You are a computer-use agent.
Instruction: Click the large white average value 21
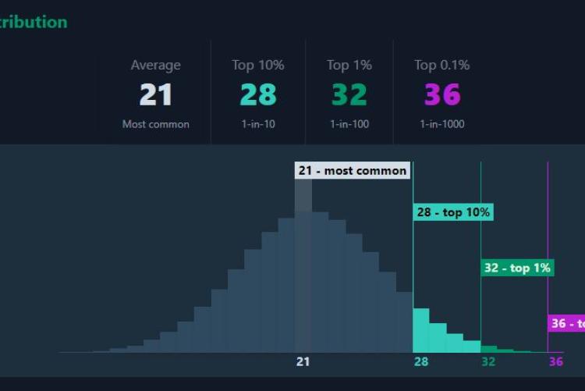pyautogui.click(x=155, y=95)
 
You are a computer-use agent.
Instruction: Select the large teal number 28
pyautogui.click(x=258, y=95)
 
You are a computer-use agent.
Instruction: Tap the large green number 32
pyautogui.click(x=349, y=95)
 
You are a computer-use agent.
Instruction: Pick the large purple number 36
pyautogui.click(x=442, y=95)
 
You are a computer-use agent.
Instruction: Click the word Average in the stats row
pyautogui.click(x=155, y=66)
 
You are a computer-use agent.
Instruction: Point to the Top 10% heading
pyautogui.click(x=258, y=66)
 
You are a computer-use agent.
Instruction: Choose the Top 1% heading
pyautogui.click(x=349, y=66)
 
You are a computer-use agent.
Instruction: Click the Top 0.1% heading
pyautogui.click(x=442, y=66)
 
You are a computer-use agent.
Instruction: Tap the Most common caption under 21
pyautogui.click(x=155, y=124)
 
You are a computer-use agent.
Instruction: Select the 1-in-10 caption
pyautogui.click(x=258, y=124)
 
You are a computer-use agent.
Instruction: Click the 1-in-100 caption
pyautogui.click(x=349, y=124)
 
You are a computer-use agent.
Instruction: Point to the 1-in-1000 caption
pyautogui.click(x=442, y=124)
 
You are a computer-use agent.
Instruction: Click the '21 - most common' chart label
pyautogui.click(x=352, y=170)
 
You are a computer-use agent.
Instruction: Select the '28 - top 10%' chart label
pyautogui.click(x=453, y=212)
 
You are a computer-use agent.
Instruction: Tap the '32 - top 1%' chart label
pyautogui.click(x=517, y=268)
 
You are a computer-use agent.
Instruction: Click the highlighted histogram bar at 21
pyautogui.click(x=303, y=273)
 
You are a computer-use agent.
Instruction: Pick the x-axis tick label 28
pyautogui.click(x=421, y=361)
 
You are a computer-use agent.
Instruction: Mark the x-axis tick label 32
pyautogui.click(x=488, y=361)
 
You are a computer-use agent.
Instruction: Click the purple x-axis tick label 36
pyautogui.click(x=555, y=361)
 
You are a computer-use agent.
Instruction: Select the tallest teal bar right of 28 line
pyautogui.click(x=421, y=331)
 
